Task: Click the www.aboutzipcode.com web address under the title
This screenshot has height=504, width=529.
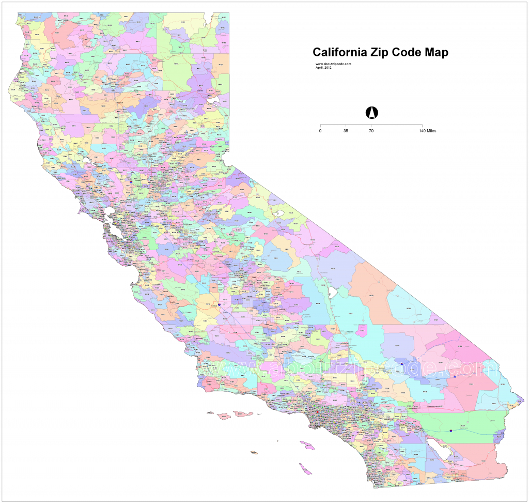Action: click(x=333, y=64)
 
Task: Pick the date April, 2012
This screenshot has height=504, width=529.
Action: click(x=323, y=67)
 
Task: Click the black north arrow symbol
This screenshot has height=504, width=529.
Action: click(x=371, y=112)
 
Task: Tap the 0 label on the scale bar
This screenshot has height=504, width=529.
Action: click(x=320, y=131)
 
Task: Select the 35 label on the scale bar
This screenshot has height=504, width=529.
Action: click(x=346, y=131)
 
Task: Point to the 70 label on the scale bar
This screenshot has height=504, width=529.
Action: click(x=371, y=131)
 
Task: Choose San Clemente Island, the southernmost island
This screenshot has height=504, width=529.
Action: click(x=306, y=469)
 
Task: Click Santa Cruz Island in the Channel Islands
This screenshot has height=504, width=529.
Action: click(x=242, y=414)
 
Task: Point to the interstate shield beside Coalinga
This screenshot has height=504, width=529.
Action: click(x=220, y=305)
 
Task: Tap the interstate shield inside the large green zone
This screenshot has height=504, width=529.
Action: click(x=452, y=430)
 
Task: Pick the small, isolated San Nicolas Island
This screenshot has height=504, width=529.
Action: click(x=254, y=453)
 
